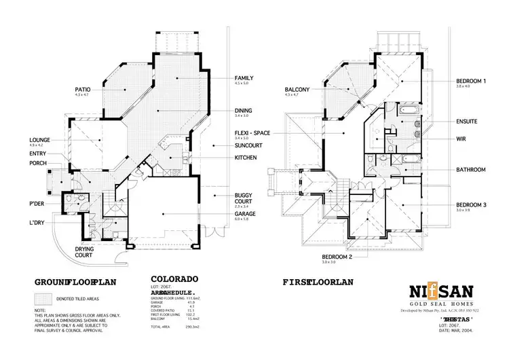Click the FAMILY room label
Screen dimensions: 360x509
click(x=245, y=78)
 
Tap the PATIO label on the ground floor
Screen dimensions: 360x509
click(x=83, y=89)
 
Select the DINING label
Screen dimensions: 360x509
click(x=244, y=110)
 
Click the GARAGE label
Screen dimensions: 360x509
click(x=246, y=213)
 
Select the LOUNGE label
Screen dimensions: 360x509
click(x=39, y=139)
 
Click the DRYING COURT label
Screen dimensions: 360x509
click(x=85, y=253)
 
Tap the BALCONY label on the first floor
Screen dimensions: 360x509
click(x=297, y=89)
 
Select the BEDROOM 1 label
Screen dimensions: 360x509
click(x=471, y=82)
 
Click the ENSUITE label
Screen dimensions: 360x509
click(x=467, y=122)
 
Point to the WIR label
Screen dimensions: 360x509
click(x=461, y=139)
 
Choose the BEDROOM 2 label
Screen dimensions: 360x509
click(x=337, y=256)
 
